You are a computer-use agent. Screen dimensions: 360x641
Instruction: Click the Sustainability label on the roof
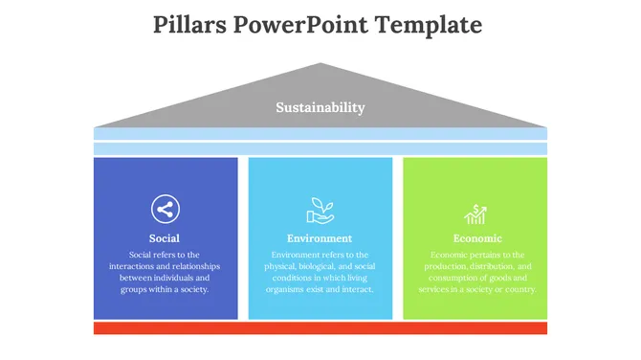click(320, 107)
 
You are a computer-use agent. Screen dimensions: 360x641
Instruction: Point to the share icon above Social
click(166, 209)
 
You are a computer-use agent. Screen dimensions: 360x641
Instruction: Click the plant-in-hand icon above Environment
click(320, 209)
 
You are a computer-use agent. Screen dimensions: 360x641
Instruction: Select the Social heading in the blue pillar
click(165, 237)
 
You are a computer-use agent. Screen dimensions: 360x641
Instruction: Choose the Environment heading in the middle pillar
click(320, 237)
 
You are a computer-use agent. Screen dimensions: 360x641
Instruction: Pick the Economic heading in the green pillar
click(476, 237)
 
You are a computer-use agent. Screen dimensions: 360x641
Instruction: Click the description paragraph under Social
click(165, 272)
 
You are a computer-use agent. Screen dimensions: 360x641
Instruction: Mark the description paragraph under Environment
click(320, 272)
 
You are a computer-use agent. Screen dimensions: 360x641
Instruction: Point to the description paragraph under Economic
click(476, 272)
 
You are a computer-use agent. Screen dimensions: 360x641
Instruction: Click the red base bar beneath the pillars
click(320, 328)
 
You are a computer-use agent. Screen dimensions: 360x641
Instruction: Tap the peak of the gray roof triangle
click(320, 66)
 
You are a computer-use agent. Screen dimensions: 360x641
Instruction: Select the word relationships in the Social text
click(189, 266)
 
